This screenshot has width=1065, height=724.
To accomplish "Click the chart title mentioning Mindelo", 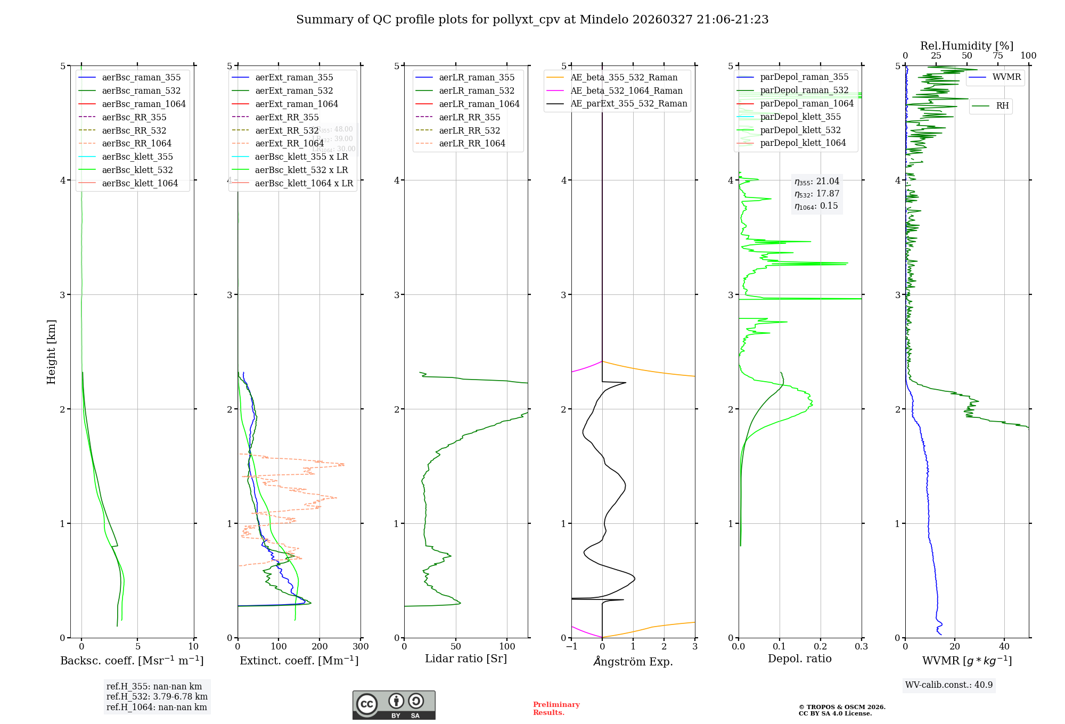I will click(532, 20).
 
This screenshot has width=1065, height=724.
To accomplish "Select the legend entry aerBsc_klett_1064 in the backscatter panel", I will click(140, 183).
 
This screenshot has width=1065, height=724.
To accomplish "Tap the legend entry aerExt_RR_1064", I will click(289, 143).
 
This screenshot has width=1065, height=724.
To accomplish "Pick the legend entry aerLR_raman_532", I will click(477, 90).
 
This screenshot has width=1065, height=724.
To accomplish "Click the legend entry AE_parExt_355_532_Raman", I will click(628, 103).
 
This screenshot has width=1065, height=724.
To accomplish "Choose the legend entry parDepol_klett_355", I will click(800, 117).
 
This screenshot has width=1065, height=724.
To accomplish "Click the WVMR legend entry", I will click(1006, 77).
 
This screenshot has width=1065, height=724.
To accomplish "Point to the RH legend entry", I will click(1002, 106).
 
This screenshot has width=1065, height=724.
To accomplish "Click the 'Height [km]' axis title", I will click(51, 352).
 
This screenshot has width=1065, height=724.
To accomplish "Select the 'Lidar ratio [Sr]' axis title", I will click(466, 659).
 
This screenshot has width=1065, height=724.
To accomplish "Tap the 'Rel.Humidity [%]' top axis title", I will click(966, 46).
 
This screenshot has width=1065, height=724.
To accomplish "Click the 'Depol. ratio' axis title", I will click(799, 659).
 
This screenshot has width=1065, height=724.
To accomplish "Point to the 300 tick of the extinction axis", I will click(361, 647).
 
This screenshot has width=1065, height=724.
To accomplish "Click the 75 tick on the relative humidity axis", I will click(997, 56).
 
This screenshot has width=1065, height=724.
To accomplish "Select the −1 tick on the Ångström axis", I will click(571, 647).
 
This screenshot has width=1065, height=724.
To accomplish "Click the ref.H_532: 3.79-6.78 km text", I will click(157, 697).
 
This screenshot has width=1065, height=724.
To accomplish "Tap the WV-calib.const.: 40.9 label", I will click(949, 685).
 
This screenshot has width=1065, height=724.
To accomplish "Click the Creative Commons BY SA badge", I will click(394, 705).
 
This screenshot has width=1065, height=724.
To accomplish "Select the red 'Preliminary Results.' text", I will click(556, 709).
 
